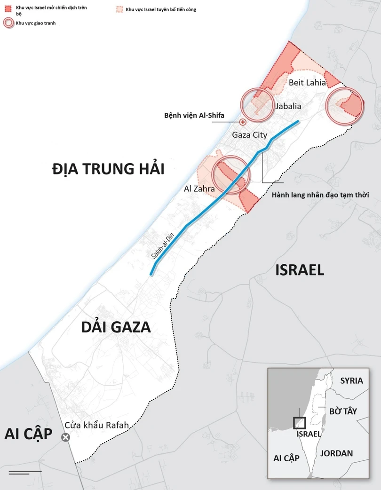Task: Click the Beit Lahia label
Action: click(x=307, y=82)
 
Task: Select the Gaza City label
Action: click(x=249, y=134)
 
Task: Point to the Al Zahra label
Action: click(x=199, y=189)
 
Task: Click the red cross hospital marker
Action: click(x=243, y=122)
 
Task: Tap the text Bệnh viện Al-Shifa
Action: click(x=194, y=115)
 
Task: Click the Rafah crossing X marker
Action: click(x=65, y=438)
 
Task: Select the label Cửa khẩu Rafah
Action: click(x=96, y=426)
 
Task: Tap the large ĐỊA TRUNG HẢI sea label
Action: click(x=108, y=169)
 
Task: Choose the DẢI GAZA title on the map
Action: click(x=115, y=327)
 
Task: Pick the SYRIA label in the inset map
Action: click(x=351, y=381)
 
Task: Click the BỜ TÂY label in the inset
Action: click(x=343, y=411)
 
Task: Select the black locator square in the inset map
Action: click(x=299, y=423)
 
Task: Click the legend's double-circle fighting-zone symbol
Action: click(x=8, y=23)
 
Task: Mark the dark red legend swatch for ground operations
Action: click(x=8, y=9)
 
